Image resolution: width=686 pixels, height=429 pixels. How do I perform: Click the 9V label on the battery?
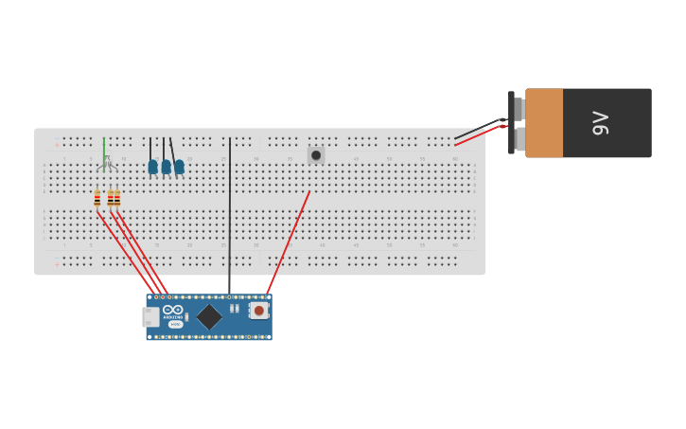click(x=600, y=123)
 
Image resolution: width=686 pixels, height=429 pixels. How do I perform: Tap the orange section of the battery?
click(x=544, y=123)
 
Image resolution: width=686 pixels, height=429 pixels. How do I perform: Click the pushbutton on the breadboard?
click(x=316, y=155)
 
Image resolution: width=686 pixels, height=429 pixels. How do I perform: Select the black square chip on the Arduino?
click(x=208, y=317)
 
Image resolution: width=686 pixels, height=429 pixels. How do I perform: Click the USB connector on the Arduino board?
click(x=150, y=317)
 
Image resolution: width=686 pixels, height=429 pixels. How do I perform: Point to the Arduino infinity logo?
click(x=173, y=310)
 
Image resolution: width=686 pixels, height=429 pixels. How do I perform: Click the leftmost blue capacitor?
click(x=152, y=168)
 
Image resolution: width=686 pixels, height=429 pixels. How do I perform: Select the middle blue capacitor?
click(x=166, y=168)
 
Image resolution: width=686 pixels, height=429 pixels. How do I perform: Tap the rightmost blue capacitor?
click(x=179, y=168)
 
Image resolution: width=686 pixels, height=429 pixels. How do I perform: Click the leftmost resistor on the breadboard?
click(x=97, y=198)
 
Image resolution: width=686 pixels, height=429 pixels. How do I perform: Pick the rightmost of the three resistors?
click(x=117, y=198)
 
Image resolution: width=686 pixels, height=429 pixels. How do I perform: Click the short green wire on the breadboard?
click(x=104, y=147)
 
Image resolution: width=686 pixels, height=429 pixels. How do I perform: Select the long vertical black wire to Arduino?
click(x=229, y=218)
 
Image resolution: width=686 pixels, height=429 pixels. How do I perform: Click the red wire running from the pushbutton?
click(x=289, y=241)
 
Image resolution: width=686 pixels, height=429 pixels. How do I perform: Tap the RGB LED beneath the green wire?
click(x=106, y=164)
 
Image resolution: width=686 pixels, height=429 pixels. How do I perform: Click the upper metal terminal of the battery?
click(x=518, y=108)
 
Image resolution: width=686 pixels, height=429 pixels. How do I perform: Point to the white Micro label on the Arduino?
click(x=175, y=324)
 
